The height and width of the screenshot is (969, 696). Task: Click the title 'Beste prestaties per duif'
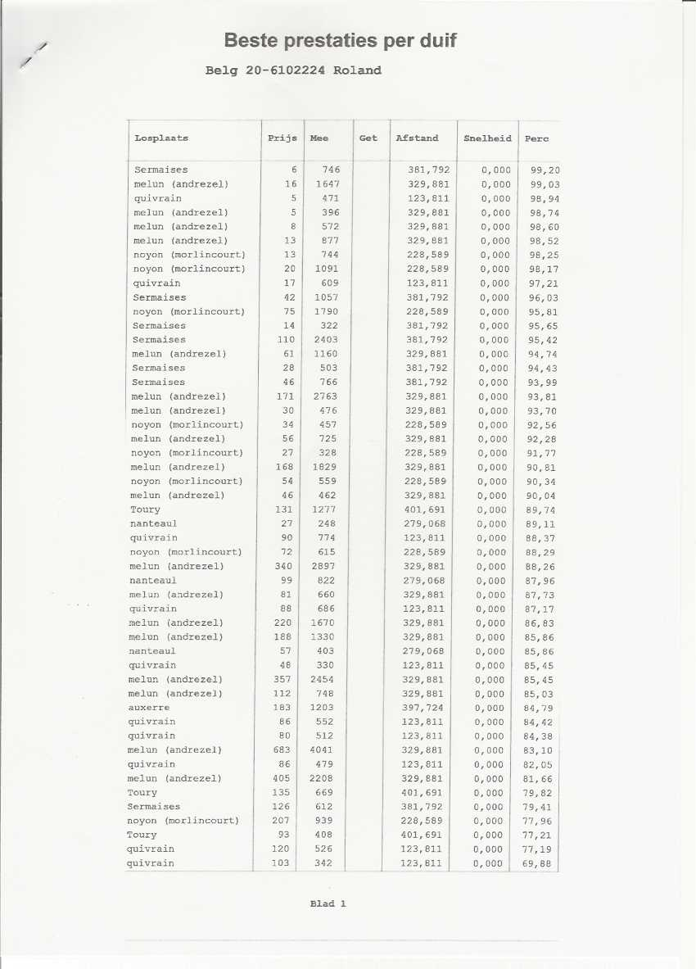click(340, 41)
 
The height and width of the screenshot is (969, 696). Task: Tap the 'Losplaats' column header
click(161, 138)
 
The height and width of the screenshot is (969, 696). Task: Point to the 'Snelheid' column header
click(487, 138)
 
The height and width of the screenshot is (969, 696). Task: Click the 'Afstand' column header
click(417, 138)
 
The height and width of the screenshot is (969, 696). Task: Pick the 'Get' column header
click(368, 138)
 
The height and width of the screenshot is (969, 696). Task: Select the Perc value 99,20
click(545, 170)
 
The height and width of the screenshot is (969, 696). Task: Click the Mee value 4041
click(321, 750)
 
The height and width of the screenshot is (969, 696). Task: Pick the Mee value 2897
click(322, 566)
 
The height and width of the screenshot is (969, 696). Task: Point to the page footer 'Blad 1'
click(328, 904)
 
